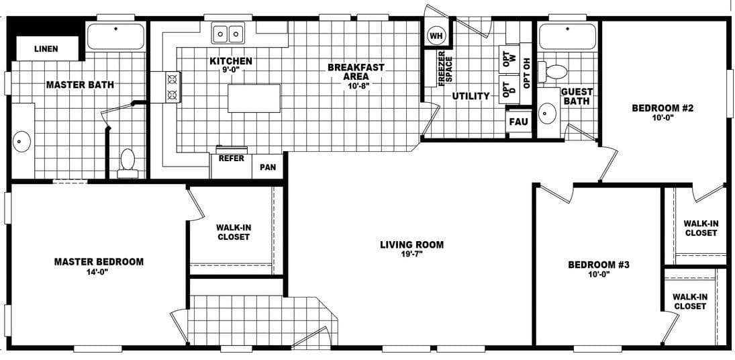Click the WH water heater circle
[436, 36]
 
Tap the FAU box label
[518, 122]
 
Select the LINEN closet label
[46, 49]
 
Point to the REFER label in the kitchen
[232, 159]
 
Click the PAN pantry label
[268, 166]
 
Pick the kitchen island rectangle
[254, 98]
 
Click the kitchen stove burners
[172, 87]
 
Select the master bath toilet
[128, 162]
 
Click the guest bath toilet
[556, 71]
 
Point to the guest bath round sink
[548, 114]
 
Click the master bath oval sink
[23, 142]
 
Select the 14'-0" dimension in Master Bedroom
[98, 272]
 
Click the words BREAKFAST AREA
[356, 72]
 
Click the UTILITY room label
[471, 96]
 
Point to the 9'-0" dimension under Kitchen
[231, 71]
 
